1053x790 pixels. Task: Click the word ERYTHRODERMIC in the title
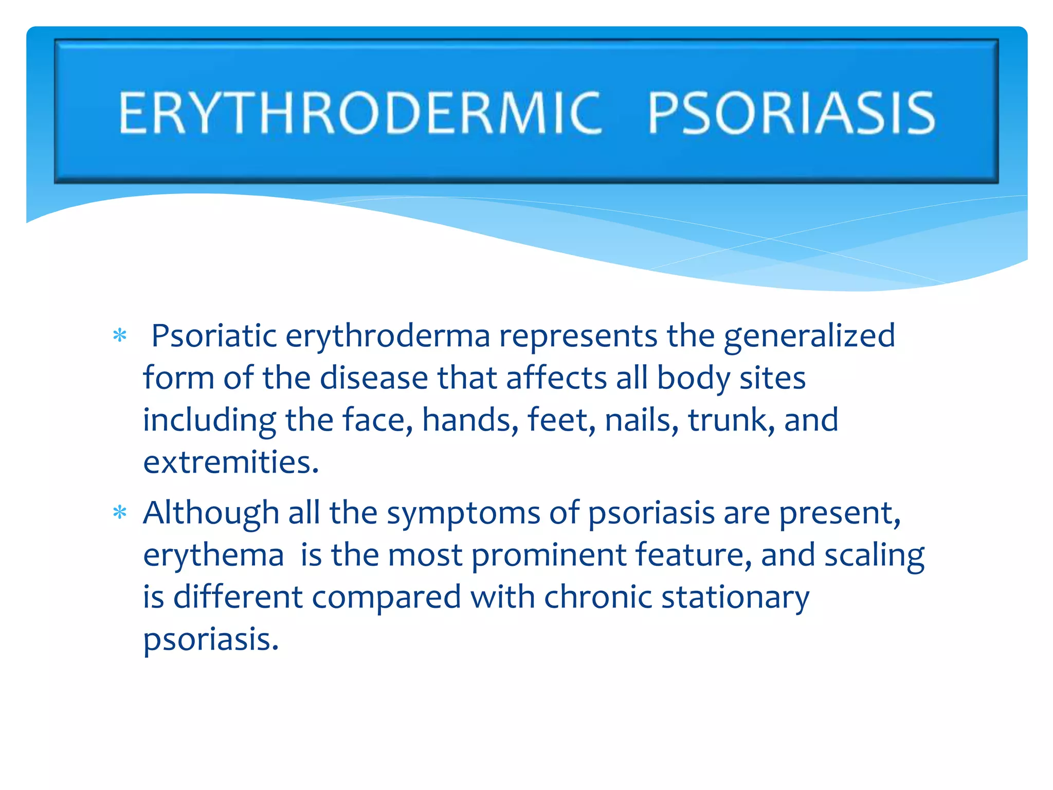coord(360,113)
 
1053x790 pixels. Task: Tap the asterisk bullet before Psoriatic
coord(120,336)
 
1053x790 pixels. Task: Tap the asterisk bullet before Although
coord(120,513)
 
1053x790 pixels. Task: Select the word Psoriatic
coord(214,336)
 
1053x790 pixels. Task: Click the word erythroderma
coord(388,336)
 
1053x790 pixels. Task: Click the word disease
coord(374,378)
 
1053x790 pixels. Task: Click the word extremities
coord(231,462)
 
